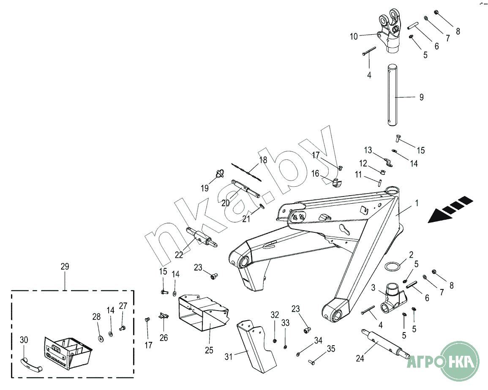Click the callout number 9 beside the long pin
click(421, 97)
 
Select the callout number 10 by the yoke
click(354, 37)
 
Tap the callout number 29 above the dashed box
click(65, 267)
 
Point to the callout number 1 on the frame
click(417, 203)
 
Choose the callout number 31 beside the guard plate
click(229, 357)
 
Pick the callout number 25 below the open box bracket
click(209, 350)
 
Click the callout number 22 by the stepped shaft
click(179, 255)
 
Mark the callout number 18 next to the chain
click(263, 160)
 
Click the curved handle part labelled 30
click(31, 363)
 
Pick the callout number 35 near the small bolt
click(331, 349)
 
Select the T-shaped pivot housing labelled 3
click(392, 300)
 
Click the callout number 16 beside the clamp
click(316, 174)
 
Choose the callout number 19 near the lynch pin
click(205, 188)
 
